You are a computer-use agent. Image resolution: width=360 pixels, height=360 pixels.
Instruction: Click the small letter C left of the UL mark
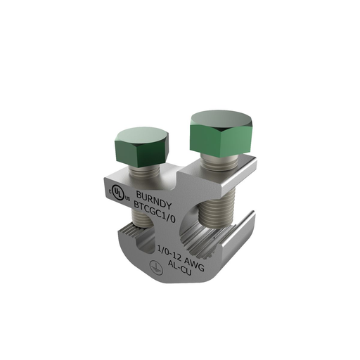[x=110, y=190]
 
